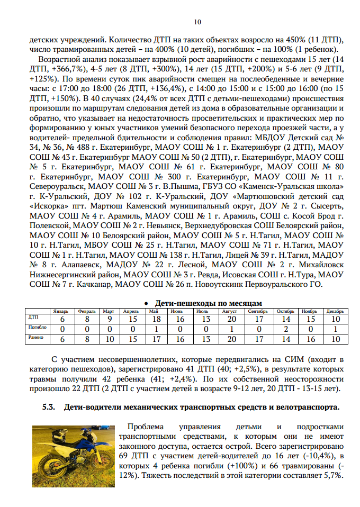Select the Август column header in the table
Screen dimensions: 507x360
tap(230, 311)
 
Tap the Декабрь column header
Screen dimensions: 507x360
tap(335, 311)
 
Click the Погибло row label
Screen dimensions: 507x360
tap(37, 328)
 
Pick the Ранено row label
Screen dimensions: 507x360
tap(36, 338)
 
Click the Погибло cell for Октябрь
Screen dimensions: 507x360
tap(286, 329)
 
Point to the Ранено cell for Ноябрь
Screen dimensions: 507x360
tap(310, 339)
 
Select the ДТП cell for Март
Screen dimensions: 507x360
tap(109, 319)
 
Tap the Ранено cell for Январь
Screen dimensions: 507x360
tap(62, 339)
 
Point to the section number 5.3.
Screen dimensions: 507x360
tap(49, 408)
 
